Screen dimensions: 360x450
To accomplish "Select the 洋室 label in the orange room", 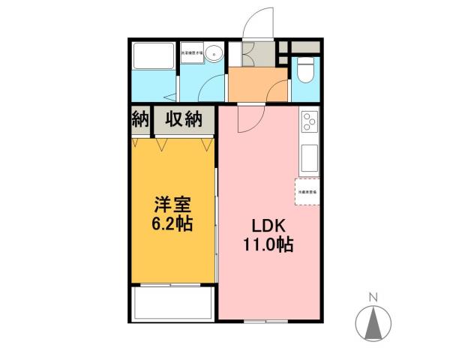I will point(171,204).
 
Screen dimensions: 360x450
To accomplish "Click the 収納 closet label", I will point(184,118).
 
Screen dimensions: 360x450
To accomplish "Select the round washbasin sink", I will point(215,53).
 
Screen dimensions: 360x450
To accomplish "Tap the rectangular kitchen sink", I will point(309,157).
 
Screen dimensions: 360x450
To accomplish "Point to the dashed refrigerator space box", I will point(307,192).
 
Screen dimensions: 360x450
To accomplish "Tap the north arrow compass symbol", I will point(373,322).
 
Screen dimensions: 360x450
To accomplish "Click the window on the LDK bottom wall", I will point(266,320).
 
